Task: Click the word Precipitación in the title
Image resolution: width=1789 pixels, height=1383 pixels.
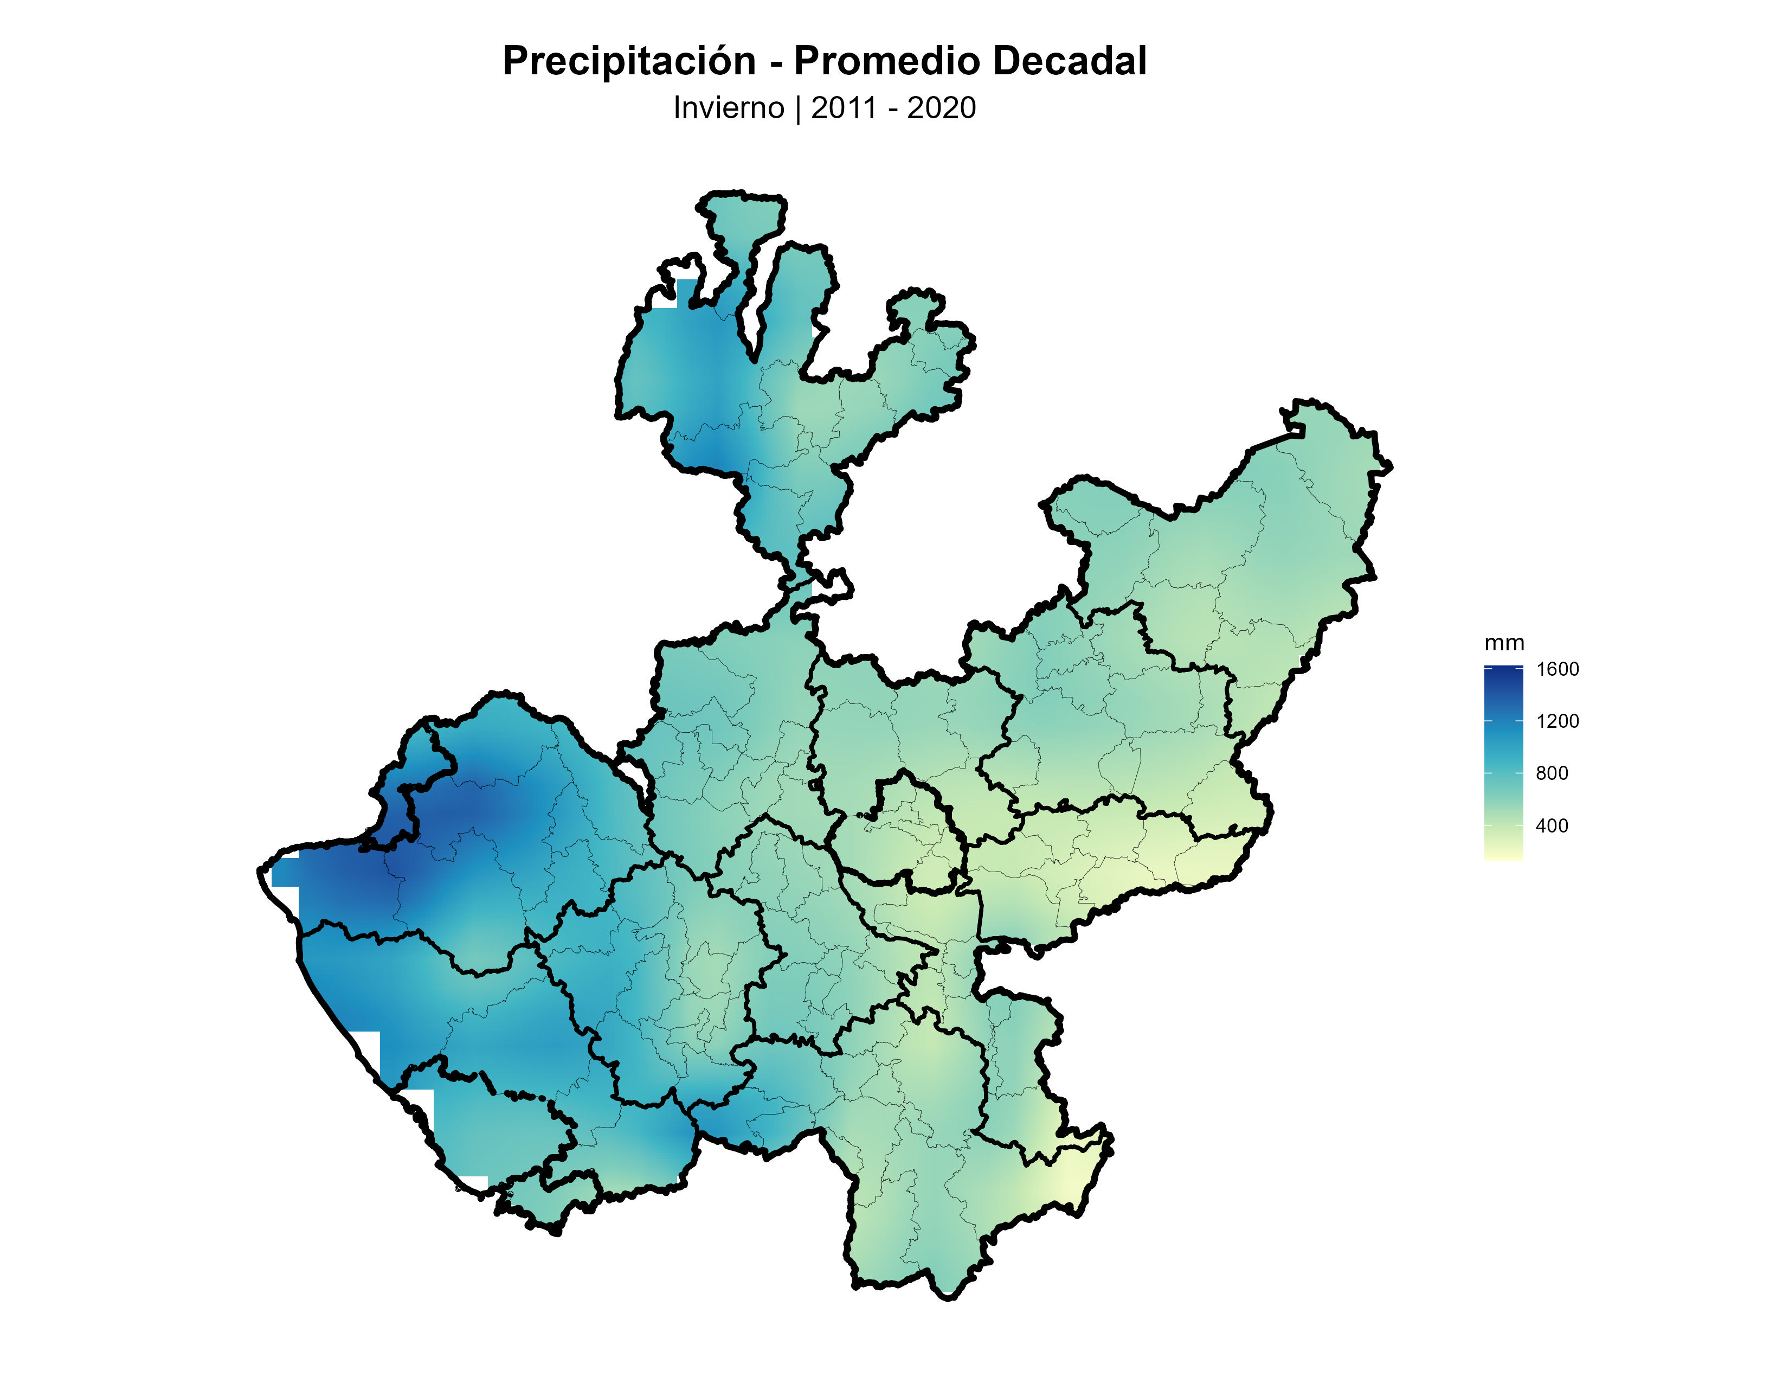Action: click(x=628, y=61)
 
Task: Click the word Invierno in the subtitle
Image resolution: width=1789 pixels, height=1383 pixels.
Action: click(x=728, y=108)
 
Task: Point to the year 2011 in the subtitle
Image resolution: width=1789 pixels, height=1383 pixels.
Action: click(x=844, y=108)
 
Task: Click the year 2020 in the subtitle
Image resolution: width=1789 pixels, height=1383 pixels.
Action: click(x=941, y=108)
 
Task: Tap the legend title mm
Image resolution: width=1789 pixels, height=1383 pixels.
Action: click(x=1504, y=643)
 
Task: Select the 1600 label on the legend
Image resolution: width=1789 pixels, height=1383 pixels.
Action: click(x=1556, y=669)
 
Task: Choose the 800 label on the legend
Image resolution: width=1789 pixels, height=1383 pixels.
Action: click(x=1552, y=773)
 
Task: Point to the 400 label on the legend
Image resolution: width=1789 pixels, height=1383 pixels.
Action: click(x=1552, y=826)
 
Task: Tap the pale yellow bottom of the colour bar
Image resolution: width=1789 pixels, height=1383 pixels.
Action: click(x=1503, y=855)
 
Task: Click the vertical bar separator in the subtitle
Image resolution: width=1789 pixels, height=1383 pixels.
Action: click(x=798, y=108)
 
